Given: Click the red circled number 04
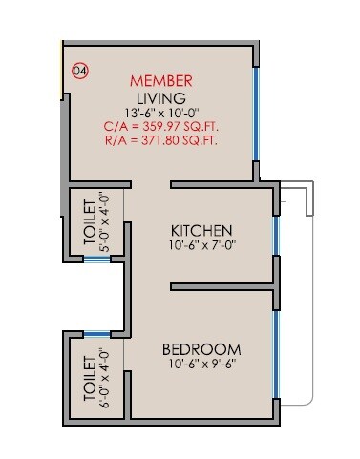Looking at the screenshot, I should pos(81,70).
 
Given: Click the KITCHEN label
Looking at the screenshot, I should pos(201,231).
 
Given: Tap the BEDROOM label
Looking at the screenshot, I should pos(201,348).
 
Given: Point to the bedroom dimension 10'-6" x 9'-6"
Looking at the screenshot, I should pos(201,365).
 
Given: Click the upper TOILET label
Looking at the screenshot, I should pos(90,223).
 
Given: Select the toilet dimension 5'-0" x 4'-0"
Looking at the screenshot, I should pos(105,223).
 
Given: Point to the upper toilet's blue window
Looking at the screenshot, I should pos(96,259).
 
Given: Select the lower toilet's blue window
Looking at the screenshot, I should pos(96,334).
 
